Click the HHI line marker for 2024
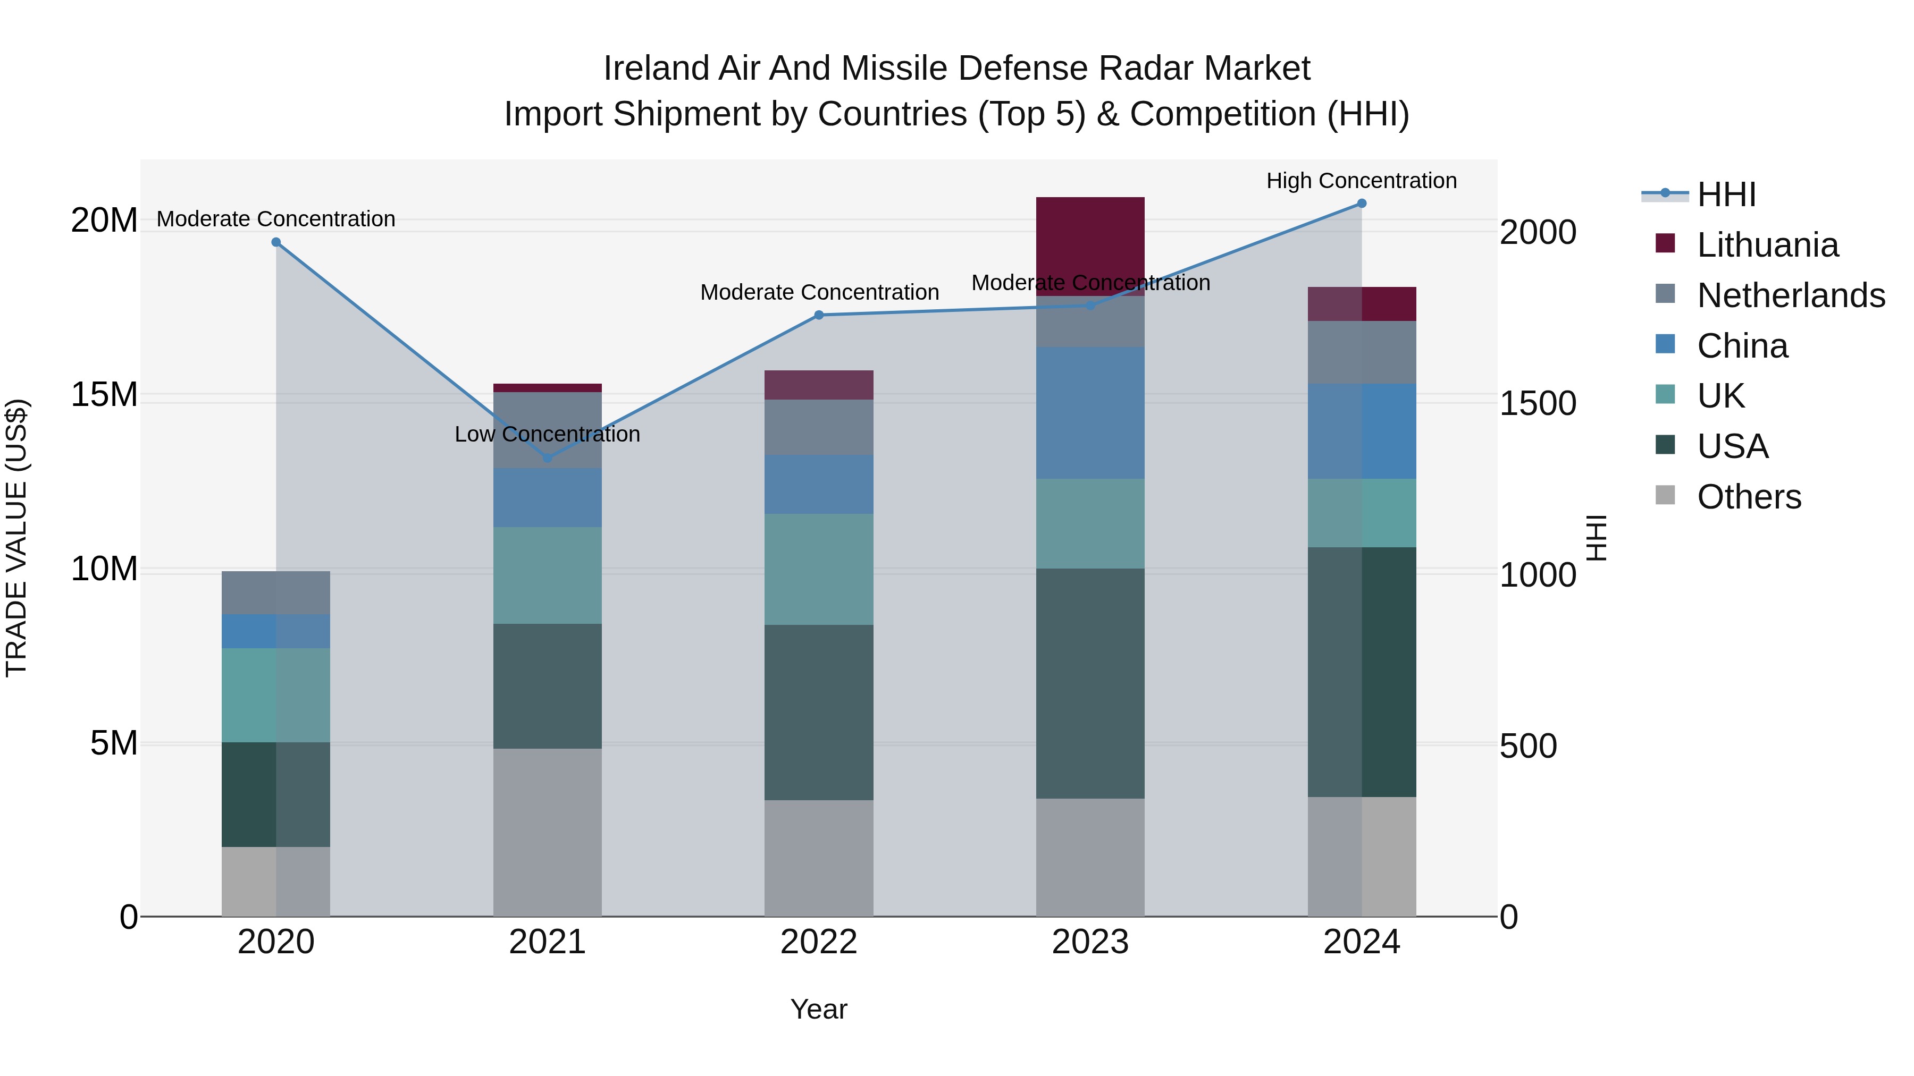1361,204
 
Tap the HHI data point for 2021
548,458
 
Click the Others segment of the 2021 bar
548,832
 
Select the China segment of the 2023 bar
1090,412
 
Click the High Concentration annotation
1361,181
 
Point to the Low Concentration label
548,435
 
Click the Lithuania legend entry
1767,245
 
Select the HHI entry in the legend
1726,194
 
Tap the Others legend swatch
1665,495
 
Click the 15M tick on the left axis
104,395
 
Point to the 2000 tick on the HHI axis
1537,232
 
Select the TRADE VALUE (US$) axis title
16,538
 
